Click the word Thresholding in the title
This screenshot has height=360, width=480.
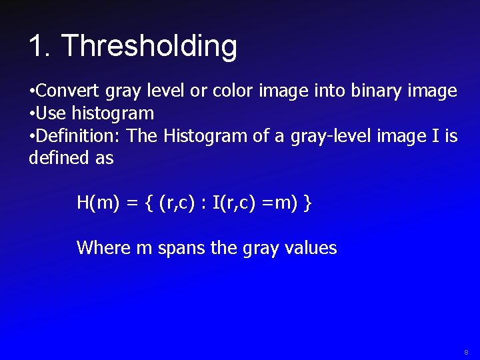click(x=149, y=47)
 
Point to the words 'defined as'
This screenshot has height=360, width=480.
click(x=71, y=158)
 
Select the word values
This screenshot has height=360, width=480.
click(x=310, y=248)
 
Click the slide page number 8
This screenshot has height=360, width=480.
click(x=466, y=351)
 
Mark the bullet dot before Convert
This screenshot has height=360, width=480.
click(x=32, y=91)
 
